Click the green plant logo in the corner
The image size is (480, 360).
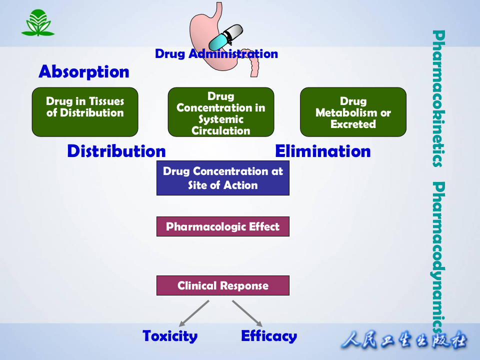37,23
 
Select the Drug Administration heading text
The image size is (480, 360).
216,54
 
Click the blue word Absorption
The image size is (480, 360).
83,72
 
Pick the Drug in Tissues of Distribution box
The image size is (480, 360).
85,112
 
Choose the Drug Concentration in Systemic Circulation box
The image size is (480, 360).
221,112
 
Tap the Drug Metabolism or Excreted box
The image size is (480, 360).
353,112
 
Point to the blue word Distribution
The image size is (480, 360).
116,151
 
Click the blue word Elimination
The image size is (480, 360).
323,151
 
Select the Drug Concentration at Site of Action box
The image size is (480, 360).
223,178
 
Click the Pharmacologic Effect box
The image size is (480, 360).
223,226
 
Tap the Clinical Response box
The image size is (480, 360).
223,285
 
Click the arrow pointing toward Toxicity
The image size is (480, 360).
193,313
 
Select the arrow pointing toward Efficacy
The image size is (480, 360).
247,313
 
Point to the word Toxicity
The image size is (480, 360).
170,336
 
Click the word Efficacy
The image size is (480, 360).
269,336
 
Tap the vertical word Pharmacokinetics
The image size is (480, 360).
438,98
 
